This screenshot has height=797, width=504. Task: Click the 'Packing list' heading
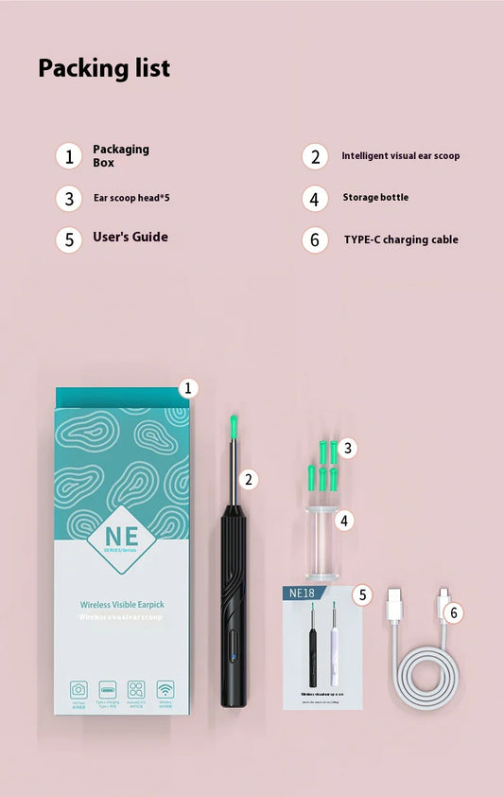[x=104, y=68]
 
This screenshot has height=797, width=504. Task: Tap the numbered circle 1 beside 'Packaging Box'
[x=69, y=155]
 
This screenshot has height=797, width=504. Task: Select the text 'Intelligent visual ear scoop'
[x=401, y=155]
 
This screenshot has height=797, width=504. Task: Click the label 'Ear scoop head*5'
[x=131, y=199]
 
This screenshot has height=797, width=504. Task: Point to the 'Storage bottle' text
[x=375, y=198]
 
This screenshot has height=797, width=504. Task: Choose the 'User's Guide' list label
[x=130, y=237]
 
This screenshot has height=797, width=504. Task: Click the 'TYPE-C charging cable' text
[x=401, y=239]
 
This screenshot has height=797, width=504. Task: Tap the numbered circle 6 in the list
[x=316, y=239]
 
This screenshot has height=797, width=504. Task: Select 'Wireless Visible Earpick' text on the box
[x=120, y=601]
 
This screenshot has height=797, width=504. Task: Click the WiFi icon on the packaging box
[x=165, y=688]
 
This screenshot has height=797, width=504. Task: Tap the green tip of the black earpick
[x=230, y=427]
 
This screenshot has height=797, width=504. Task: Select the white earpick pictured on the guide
[x=333, y=644]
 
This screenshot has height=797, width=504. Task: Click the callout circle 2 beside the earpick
[x=249, y=480]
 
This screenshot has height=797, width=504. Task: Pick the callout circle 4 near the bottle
[x=346, y=520]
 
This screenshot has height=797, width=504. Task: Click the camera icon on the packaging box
[x=78, y=689]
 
